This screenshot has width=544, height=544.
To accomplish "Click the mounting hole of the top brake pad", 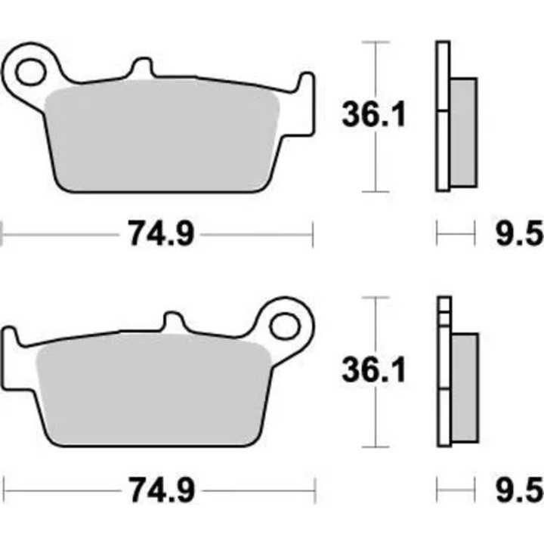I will point(31,72).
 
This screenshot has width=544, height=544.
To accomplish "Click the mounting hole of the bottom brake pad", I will point(284,326).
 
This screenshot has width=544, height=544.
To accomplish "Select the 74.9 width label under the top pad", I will point(161,235).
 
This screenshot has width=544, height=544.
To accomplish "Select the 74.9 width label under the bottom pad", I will point(161,490).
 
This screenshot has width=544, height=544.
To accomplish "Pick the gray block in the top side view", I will point(463,132).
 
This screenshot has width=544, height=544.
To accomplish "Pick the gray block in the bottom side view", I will point(463,388).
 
